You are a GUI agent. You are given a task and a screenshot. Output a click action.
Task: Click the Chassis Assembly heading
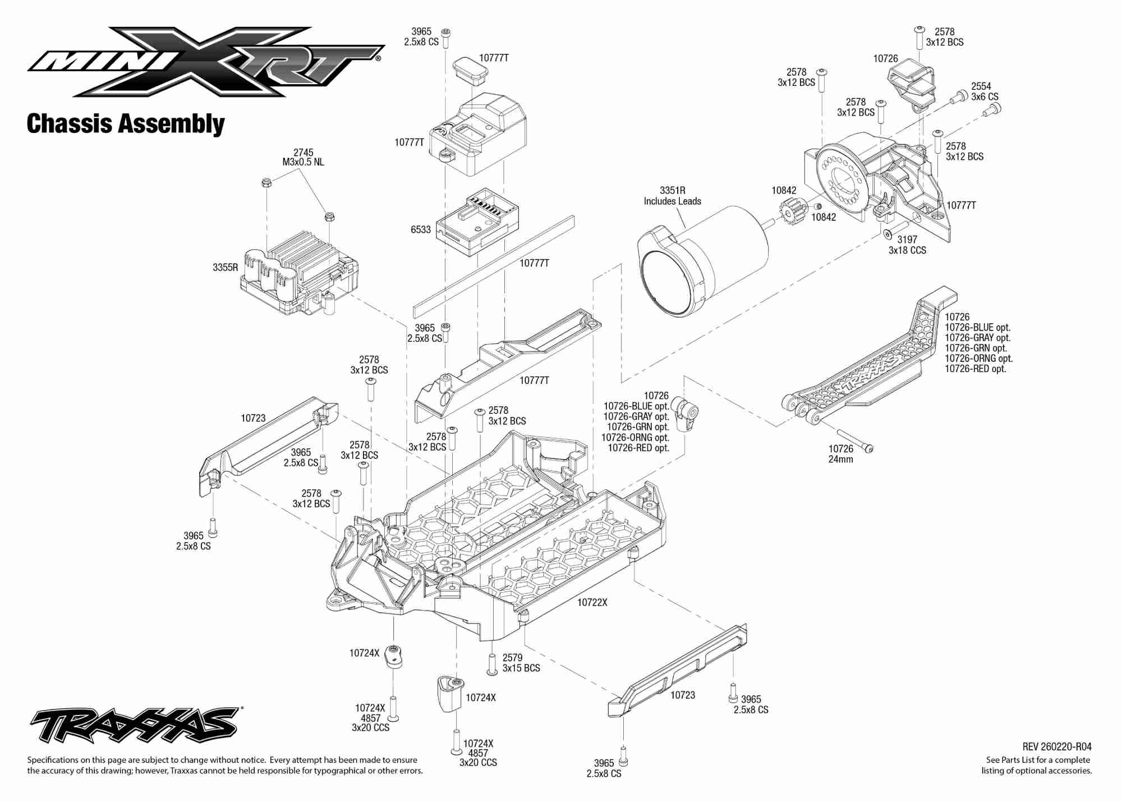tap(126, 124)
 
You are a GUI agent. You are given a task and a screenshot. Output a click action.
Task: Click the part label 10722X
tap(592, 602)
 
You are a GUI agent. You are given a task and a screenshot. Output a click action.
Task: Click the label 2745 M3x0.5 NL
tap(303, 157)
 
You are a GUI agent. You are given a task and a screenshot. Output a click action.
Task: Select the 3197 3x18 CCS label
tap(907, 245)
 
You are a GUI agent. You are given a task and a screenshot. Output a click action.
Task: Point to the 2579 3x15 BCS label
tap(521, 663)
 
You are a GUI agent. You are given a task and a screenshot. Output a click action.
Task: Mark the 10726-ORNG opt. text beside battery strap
tap(978, 358)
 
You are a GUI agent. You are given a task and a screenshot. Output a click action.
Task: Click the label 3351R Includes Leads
tap(672, 196)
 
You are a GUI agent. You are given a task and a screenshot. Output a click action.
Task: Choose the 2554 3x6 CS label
tap(985, 91)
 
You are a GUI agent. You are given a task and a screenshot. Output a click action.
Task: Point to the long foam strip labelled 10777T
tap(494, 264)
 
